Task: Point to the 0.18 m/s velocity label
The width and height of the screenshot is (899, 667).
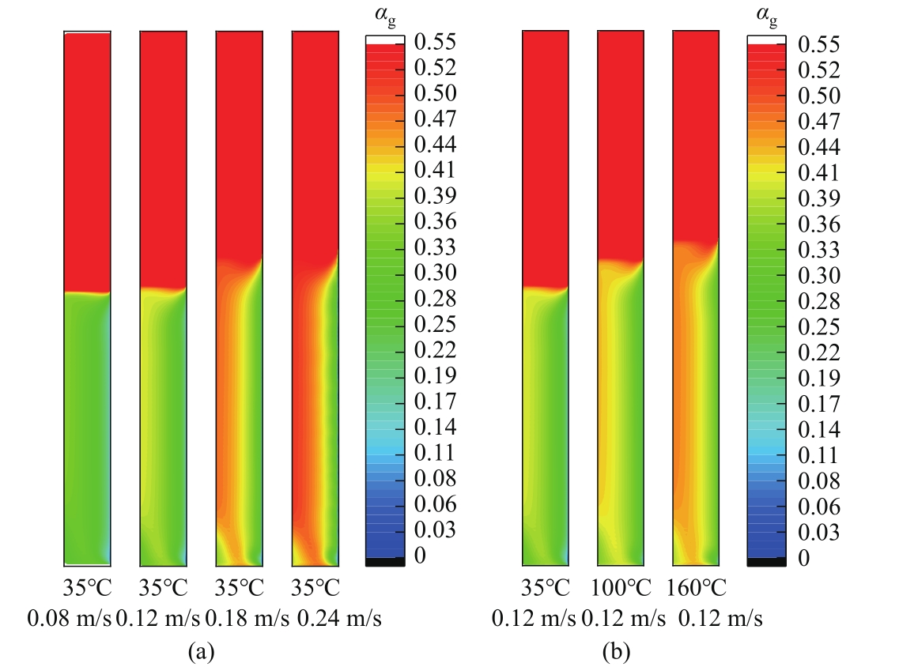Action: pyautogui.click(x=239, y=619)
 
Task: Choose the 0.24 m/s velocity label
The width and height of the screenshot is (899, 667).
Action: pyautogui.click(x=340, y=619)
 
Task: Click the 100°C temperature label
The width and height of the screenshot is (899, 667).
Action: pyautogui.click(x=620, y=589)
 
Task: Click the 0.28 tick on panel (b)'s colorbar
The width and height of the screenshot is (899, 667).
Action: pyautogui.click(x=818, y=300)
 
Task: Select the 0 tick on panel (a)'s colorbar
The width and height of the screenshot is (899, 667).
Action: pyautogui.click(x=419, y=556)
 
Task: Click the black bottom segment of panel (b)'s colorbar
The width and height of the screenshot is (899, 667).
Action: pyautogui.click(x=766, y=562)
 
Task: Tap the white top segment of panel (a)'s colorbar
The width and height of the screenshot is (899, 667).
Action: pyautogui.click(x=385, y=40)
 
